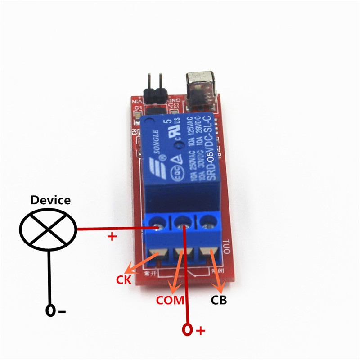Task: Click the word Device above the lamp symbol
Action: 50,200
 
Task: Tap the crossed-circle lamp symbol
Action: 48,229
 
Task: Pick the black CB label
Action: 219,300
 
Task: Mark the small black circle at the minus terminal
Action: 51,310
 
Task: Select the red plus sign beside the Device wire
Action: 111,237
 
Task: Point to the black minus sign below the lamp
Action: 62,310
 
